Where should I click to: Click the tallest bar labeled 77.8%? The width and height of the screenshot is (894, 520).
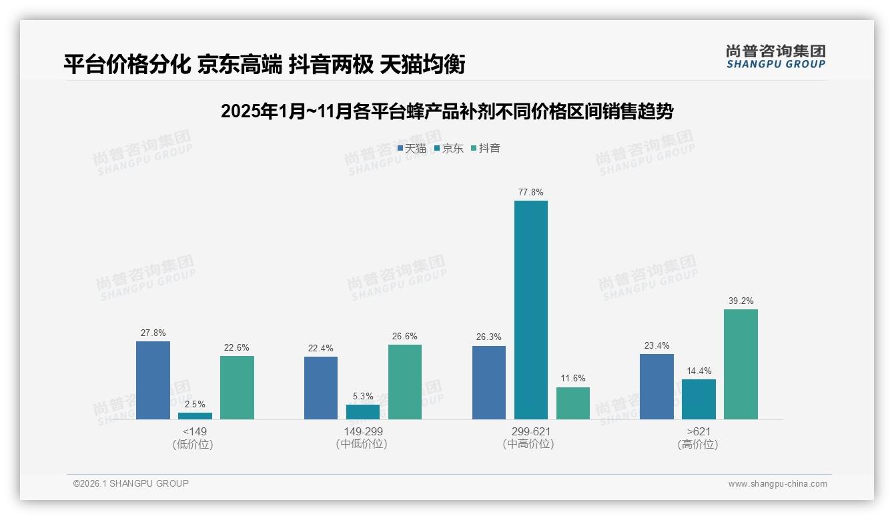(x=530, y=310)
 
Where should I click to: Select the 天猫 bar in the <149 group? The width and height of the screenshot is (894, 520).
(x=153, y=380)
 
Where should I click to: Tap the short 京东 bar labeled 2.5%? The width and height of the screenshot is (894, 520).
(x=195, y=416)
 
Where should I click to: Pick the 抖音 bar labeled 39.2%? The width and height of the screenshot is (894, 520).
(x=741, y=364)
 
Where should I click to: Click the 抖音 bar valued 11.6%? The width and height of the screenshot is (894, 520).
(x=572, y=403)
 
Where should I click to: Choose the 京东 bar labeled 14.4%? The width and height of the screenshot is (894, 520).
(x=699, y=399)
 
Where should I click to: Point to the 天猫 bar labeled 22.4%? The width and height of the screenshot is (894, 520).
(x=321, y=388)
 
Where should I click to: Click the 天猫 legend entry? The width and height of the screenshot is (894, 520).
(x=412, y=149)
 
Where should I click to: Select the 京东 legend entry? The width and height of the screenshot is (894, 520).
(x=448, y=149)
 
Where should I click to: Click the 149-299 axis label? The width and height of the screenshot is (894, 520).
(x=362, y=431)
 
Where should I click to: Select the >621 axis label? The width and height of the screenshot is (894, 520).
(x=698, y=431)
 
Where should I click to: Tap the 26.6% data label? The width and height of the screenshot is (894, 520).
(x=405, y=336)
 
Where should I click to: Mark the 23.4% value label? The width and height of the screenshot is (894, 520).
(x=656, y=345)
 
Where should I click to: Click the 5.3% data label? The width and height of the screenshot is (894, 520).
(x=363, y=396)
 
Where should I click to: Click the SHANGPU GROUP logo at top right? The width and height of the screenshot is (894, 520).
(x=775, y=56)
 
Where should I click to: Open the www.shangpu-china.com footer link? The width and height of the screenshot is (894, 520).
(x=777, y=484)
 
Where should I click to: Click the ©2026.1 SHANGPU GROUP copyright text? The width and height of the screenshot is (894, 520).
(x=131, y=483)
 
